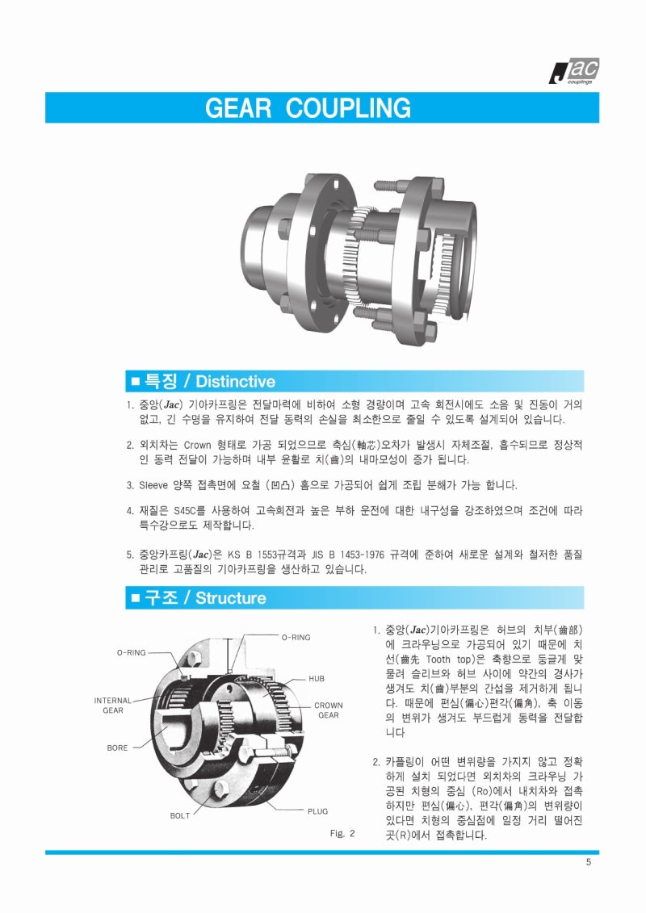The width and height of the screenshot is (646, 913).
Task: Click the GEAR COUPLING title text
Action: (308, 108)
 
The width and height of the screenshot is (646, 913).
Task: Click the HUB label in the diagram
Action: (317, 679)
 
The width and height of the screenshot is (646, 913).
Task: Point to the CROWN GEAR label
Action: (328, 710)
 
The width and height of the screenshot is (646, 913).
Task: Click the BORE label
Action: (117, 748)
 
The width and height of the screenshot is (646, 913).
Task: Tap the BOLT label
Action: (180, 815)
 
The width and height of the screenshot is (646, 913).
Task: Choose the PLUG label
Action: (317, 810)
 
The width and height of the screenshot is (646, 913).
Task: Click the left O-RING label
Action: (131, 652)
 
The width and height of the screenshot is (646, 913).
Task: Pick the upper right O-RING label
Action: (296, 638)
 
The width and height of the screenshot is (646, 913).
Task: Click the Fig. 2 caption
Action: (342, 833)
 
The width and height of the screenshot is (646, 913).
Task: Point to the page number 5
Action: (589, 862)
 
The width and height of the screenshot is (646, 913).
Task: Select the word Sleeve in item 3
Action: (153, 486)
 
